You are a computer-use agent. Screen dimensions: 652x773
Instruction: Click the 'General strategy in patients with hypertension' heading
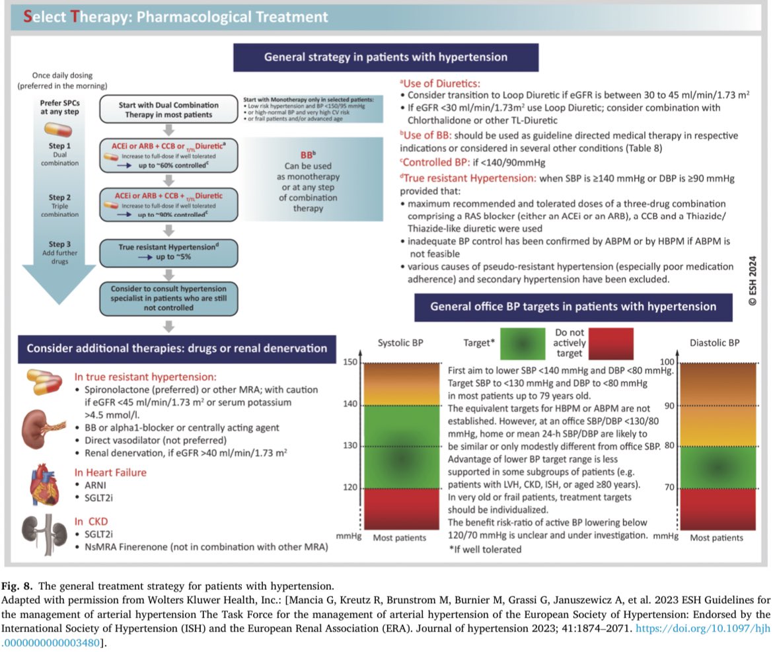(x=385, y=57)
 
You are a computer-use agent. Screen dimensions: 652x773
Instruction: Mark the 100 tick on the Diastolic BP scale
(x=669, y=363)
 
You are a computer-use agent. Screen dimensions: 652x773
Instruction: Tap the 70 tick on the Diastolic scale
(x=669, y=488)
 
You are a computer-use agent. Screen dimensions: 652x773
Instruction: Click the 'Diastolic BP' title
(x=716, y=344)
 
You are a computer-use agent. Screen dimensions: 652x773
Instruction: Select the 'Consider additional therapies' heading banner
(x=176, y=347)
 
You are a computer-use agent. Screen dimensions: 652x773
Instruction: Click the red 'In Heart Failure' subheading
(x=110, y=472)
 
